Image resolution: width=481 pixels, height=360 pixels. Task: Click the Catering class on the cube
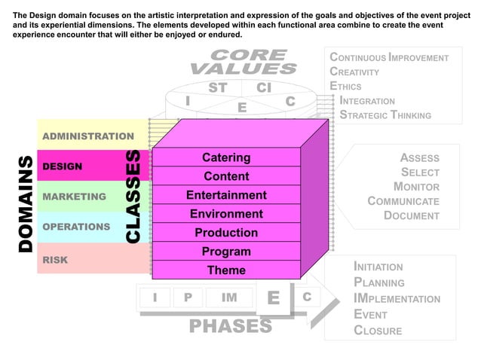(226, 157)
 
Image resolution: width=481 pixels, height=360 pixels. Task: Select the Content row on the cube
(226, 176)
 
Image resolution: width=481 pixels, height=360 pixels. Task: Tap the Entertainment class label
(226, 195)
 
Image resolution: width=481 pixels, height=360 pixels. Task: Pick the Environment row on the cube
(226, 214)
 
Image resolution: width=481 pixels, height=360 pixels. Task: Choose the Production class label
(226, 233)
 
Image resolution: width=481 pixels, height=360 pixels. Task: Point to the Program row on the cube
(226, 252)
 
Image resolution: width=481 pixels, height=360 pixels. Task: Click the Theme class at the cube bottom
(226, 270)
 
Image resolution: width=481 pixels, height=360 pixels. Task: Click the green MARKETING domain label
(75, 197)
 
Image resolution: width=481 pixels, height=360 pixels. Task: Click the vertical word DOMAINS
(25, 203)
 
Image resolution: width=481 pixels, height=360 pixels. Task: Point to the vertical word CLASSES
(133, 196)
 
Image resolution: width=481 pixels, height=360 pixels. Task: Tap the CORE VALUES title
(243, 62)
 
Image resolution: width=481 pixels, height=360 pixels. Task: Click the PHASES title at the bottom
(230, 326)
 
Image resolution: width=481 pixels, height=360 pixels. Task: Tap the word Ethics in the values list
(345, 86)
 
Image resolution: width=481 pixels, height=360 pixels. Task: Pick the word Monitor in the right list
(416, 187)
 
